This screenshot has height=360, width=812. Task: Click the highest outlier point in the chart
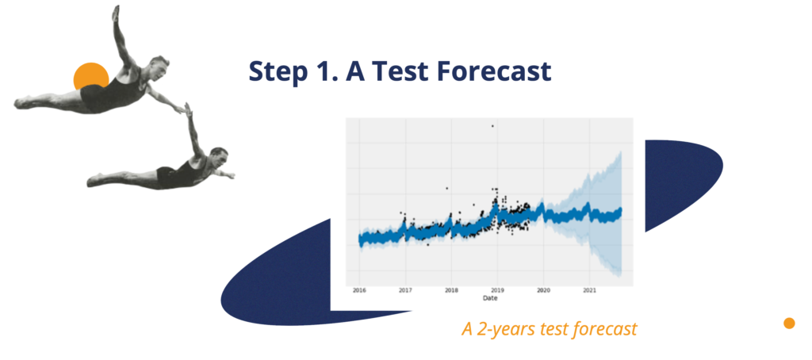pos(492,126)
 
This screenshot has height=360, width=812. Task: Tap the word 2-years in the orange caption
pos(502,329)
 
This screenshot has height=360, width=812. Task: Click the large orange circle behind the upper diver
pos(91,78)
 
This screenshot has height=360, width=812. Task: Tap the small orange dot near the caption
pos(789,324)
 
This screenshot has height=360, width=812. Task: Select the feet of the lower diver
pos(95,180)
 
